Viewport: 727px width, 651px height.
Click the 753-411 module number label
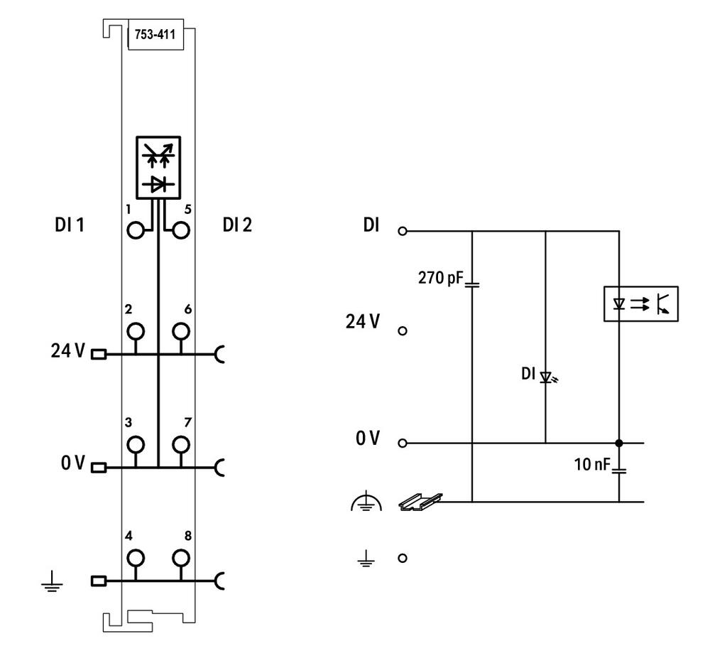[155, 34]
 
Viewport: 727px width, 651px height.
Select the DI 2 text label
[237, 225]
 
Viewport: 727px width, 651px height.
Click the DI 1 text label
[70, 225]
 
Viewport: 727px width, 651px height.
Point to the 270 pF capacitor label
[440, 277]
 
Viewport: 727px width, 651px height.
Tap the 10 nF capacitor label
[592, 464]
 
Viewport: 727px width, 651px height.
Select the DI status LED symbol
[547, 377]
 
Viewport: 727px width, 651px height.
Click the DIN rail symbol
[420, 501]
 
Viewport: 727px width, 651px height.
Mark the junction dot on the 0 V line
[619, 443]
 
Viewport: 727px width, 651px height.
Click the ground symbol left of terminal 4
[52, 582]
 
